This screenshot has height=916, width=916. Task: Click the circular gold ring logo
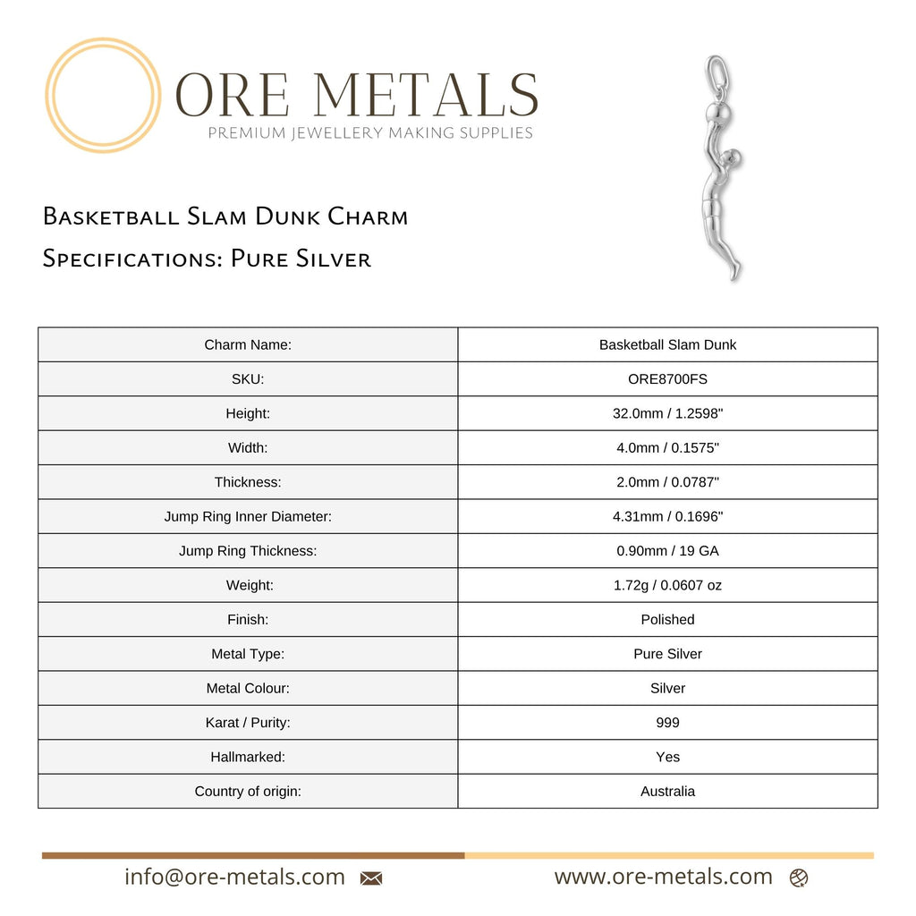coord(103,95)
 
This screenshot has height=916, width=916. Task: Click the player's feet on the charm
coord(734,271)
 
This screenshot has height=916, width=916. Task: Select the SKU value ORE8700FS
coord(667,379)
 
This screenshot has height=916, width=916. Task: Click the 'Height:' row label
coord(248,413)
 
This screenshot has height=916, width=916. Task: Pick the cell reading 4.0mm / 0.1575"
coord(667,448)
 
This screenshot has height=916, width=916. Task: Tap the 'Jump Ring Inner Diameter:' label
coord(248,517)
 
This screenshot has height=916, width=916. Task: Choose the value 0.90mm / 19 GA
coord(667,551)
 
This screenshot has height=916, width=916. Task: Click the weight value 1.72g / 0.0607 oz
coord(667,586)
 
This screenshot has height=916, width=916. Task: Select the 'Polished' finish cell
coord(667,620)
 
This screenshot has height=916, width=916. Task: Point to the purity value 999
coord(667,723)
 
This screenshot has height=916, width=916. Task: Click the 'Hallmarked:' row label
coord(248,757)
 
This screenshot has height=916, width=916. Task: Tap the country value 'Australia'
coord(667,792)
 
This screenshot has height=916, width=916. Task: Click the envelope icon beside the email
coord(370,878)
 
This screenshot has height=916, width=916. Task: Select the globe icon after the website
coord(799,878)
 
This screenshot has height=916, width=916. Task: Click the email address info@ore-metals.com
coord(234,878)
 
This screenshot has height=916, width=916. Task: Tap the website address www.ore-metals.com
coord(663,878)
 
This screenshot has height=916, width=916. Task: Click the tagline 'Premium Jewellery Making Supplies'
coord(370,133)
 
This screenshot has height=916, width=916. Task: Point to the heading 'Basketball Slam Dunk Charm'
coord(225,217)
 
